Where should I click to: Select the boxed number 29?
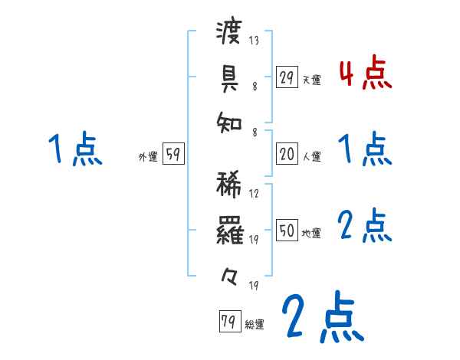click(x=287, y=77)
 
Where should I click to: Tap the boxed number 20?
click(x=287, y=155)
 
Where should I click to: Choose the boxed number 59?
click(x=173, y=155)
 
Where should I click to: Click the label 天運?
click(x=311, y=80)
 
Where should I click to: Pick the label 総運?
click(x=254, y=325)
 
